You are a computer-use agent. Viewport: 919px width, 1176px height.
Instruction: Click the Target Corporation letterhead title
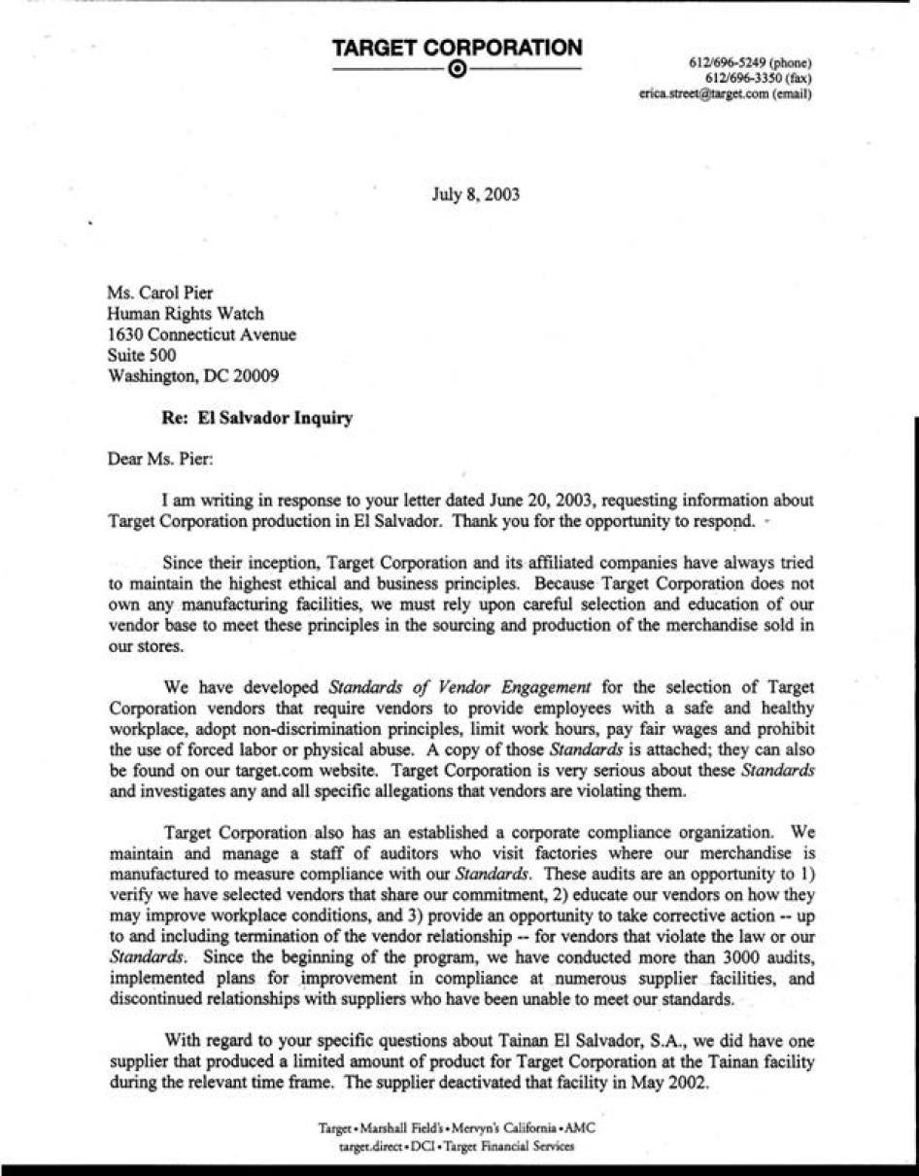457,48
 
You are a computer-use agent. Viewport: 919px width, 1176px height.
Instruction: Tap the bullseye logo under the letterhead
458,70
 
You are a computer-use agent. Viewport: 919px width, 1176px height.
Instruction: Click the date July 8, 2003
475,194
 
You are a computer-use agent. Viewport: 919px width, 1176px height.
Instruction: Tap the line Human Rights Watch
185,314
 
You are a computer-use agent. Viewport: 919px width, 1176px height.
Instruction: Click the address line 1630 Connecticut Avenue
202,335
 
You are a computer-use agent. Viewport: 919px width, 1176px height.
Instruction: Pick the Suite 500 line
142,356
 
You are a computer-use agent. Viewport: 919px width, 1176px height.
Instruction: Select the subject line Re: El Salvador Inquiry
256,419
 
